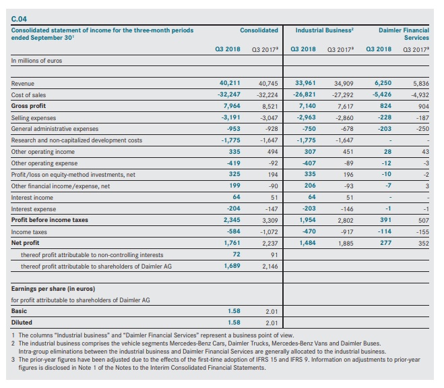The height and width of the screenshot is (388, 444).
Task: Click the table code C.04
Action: (x=19, y=19)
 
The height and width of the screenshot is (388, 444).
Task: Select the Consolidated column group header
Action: (x=259, y=30)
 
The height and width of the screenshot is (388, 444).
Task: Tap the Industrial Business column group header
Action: (x=324, y=30)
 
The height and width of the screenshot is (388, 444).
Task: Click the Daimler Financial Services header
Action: (x=404, y=34)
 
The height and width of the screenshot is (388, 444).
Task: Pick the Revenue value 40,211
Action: (x=230, y=83)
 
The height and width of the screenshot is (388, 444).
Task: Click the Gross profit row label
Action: (x=28, y=106)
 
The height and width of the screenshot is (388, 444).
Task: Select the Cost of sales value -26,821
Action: (x=304, y=94)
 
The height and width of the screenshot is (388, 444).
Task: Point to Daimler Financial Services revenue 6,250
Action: (x=383, y=83)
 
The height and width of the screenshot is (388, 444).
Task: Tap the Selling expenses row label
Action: (x=34, y=118)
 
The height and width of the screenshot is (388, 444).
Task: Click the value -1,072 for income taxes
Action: (x=269, y=232)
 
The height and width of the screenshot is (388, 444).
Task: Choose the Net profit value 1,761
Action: (x=232, y=243)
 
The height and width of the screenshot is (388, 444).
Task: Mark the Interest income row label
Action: (x=32, y=198)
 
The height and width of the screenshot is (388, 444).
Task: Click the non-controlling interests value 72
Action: (x=236, y=254)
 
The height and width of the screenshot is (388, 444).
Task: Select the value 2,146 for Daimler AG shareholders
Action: (x=270, y=267)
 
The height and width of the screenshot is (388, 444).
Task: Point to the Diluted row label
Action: (x=22, y=323)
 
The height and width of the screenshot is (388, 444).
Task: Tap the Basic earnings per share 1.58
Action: (x=234, y=311)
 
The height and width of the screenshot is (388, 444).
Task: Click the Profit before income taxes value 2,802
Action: (x=346, y=221)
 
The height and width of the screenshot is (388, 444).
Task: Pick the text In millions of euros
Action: (x=36, y=61)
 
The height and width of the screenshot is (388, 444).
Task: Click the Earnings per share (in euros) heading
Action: (x=53, y=289)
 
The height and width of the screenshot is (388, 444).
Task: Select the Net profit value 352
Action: (x=424, y=244)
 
